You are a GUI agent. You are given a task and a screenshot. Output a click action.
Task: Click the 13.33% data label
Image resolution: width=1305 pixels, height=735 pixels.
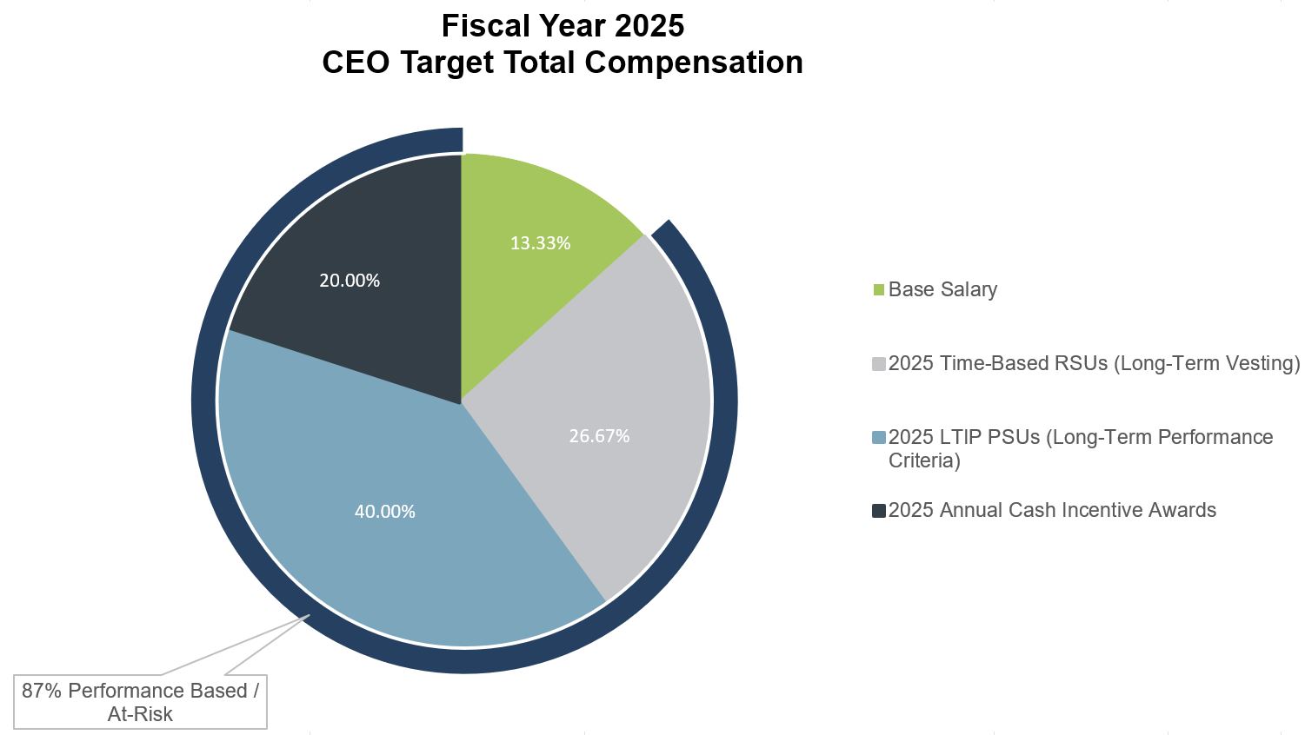tap(540, 243)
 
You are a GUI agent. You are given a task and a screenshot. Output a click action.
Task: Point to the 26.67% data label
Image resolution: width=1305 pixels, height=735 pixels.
tap(599, 436)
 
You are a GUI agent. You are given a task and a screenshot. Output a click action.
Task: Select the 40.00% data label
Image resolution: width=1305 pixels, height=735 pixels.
tap(384, 512)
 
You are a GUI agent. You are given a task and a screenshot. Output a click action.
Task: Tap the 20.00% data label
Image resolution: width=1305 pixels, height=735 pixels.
tap(349, 281)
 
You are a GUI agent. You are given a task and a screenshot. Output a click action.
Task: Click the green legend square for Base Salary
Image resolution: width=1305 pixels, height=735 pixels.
tap(878, 290)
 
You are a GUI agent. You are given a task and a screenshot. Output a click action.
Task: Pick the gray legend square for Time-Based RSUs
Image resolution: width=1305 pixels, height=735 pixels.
tap(878, 364)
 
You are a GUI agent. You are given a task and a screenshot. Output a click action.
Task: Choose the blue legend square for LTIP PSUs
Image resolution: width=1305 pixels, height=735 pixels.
tap(878, 438)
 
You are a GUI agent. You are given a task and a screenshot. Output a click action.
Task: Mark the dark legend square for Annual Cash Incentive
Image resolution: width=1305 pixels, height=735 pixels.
tap(878, 511)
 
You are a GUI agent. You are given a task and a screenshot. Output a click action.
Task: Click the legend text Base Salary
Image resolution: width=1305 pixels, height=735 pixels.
tap(942, 290)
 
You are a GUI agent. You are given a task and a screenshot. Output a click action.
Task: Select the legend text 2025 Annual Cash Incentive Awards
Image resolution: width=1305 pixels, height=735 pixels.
tap(1052, 511)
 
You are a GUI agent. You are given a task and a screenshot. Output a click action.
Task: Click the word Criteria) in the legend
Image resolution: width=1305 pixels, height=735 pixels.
tap(924, 461)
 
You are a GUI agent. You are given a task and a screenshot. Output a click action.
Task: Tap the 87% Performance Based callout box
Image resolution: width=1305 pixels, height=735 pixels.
tap(140, 702)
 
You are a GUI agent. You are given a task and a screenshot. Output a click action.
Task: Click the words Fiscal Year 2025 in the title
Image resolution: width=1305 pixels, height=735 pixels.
tap(563, 26)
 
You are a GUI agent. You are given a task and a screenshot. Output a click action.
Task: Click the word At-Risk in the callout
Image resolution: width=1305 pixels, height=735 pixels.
tap(140, 714)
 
